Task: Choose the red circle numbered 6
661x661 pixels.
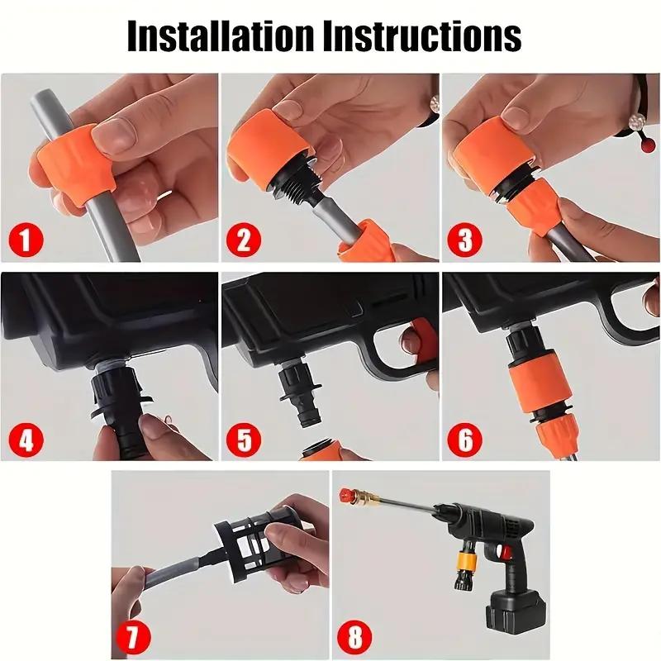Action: (464, 439)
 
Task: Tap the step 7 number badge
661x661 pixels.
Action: (134, 637)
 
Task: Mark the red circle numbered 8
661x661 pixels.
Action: (354, 637)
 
